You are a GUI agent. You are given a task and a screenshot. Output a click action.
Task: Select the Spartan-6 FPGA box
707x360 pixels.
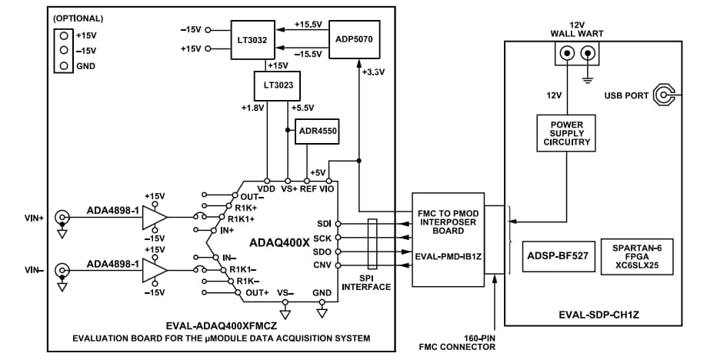(636, 256)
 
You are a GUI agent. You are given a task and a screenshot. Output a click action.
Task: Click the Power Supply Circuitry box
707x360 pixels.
(568, 133)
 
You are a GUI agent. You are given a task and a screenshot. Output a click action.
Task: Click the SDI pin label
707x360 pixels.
(323, 224)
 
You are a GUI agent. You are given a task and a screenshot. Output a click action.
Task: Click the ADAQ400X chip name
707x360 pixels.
(279, 242)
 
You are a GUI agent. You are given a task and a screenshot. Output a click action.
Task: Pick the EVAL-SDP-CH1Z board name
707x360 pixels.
(592, 314)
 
